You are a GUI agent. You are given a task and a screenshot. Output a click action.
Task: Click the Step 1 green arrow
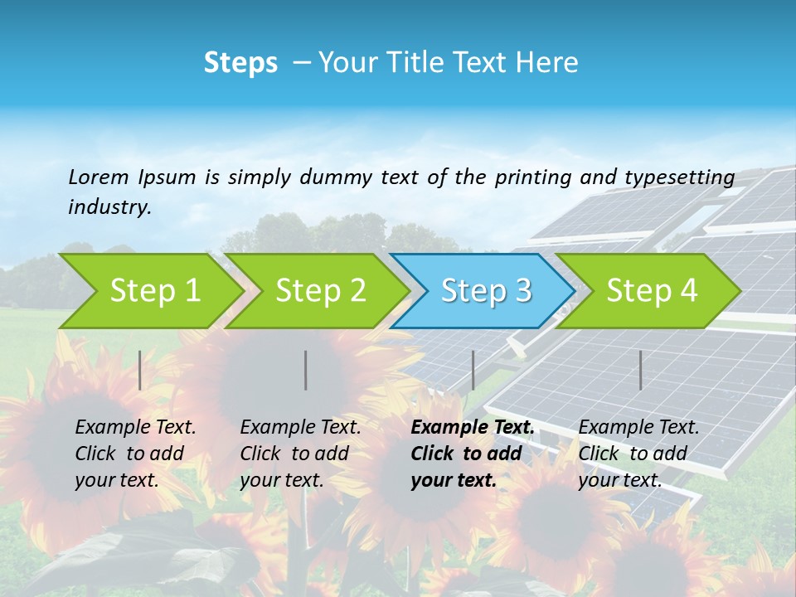(x=154, y=291)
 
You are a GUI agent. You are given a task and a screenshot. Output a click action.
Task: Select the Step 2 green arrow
(x=320, y=291)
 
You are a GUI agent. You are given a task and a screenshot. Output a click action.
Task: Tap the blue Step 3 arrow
(x=486, y=291)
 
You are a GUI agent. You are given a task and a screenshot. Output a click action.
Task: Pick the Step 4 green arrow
(x=652, y=291)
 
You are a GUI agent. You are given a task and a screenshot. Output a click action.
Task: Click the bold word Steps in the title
(x=240, y=63)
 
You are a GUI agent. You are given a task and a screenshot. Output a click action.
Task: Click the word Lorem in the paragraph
(x=99, y=177)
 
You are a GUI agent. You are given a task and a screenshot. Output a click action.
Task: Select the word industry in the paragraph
(x=109, y=207)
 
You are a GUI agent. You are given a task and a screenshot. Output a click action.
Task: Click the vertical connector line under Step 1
(x=140, y=370)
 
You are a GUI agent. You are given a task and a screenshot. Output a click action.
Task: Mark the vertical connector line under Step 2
(x=306, y=370)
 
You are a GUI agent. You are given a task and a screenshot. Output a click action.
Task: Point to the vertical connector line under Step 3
(x=473, y=370)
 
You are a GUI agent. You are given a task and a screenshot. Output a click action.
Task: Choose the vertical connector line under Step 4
(x=640, y=370)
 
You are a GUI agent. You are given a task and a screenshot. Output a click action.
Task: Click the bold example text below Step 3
(x=472, y=454)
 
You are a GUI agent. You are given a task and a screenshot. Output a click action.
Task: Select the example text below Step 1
(x=135, y=454)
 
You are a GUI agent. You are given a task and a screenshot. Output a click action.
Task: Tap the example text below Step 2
(x=300, y=454)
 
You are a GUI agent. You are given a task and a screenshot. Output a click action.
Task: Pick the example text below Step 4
(x=638, y=454)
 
